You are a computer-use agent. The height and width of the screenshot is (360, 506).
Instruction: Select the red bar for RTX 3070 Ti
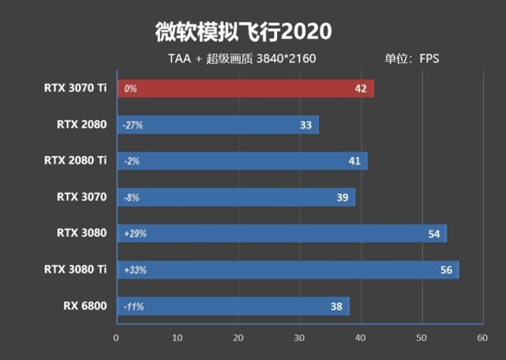click(245, 88)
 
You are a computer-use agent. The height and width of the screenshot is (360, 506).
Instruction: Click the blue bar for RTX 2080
click(217, 125)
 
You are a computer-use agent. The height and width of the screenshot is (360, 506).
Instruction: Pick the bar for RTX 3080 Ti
click(287, 270)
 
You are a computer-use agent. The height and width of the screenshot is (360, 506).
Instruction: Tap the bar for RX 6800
click(233, 306)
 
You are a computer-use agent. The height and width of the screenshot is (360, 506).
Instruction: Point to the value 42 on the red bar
click(361, 88)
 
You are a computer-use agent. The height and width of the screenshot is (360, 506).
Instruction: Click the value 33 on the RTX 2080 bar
click(306, 125)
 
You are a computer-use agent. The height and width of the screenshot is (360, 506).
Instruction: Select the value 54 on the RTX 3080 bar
click(433, 234)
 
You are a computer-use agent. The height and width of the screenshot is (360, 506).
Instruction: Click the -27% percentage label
click(132, 125)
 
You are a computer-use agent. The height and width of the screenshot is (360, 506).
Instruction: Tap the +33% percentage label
click(135, 270)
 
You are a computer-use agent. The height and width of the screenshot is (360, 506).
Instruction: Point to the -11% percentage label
click(132, 306)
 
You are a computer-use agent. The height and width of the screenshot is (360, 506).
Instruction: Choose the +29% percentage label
click(135, 234)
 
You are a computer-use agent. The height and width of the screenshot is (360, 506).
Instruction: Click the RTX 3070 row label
click(81, 197)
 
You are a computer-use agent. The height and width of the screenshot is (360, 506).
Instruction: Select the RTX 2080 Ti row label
click(75, 160)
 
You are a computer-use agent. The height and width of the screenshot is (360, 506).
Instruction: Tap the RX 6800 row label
click(84, 306)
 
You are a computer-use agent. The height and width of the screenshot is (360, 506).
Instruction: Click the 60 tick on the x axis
click(482, 338)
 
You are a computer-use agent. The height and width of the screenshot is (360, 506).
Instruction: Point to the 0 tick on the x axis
click(117, 338)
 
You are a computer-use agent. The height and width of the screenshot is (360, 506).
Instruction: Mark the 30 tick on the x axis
click(299, 338)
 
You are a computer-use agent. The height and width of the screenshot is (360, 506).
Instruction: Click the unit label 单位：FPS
click(411, 58)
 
